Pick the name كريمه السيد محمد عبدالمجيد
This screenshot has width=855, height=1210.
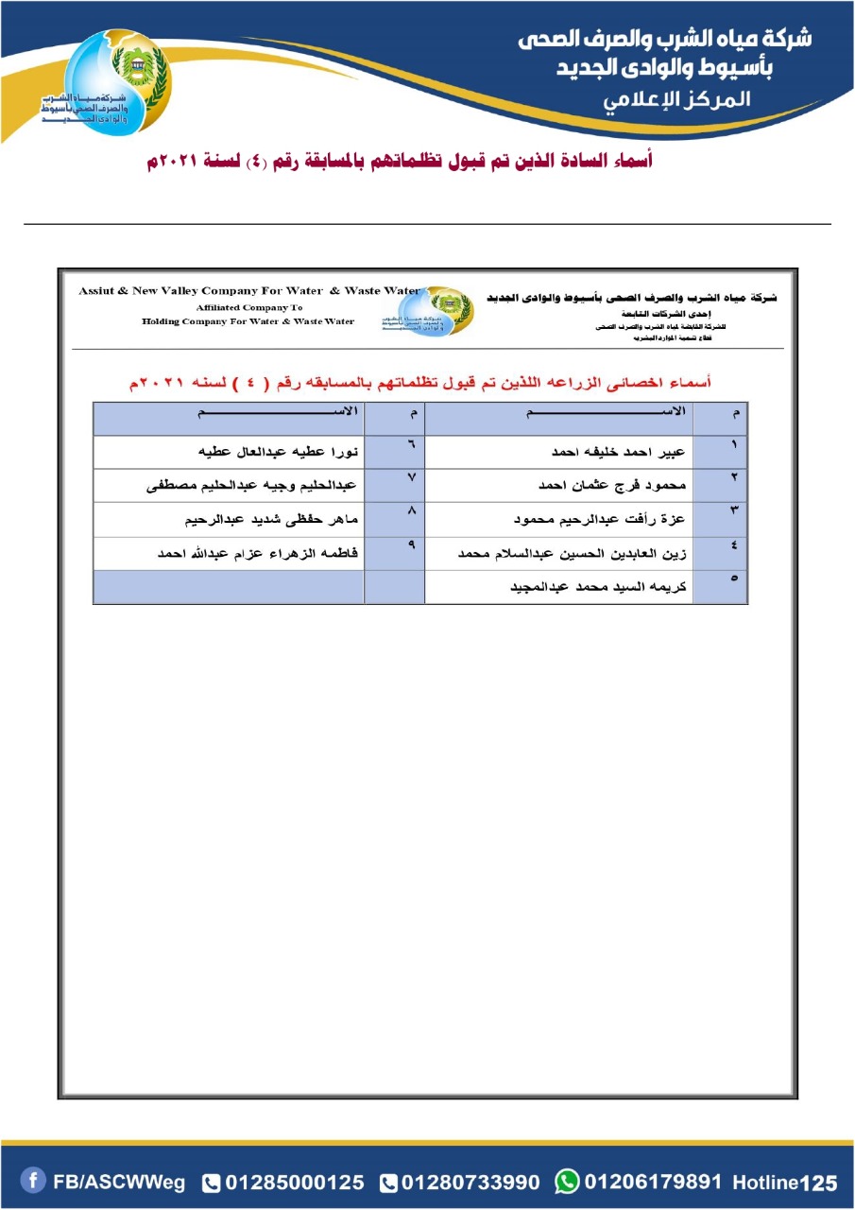[x=598, y=587]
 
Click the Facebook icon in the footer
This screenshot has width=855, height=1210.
[x=33, y=1181]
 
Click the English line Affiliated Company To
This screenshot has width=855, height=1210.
[x=248, y=307]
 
